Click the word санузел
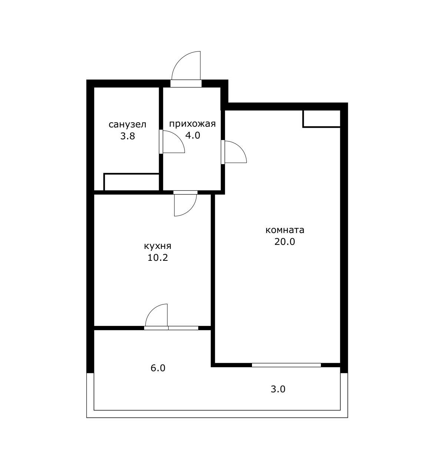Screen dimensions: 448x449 tap(127, 124)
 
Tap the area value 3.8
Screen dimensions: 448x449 tap(127, 136)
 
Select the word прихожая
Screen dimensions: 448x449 tap(192, 124)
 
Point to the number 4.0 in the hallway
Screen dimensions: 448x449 tap(193, 135)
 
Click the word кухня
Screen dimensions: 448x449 tap(157, 246)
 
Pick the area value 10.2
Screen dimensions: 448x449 tap(157, 258)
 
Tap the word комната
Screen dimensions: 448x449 tap(285, 230)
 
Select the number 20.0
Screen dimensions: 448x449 tap(285, 242)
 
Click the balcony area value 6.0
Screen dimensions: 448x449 tap(158, 368)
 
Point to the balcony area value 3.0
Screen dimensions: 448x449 tap(278, 389)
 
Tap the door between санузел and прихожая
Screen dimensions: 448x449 tap(172, 142)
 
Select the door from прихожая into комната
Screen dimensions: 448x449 tap(234, 152)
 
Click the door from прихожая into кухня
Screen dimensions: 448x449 tap(186, 204)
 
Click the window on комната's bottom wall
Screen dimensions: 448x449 tap(286, 365)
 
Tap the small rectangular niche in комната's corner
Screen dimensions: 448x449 tap(322, 119)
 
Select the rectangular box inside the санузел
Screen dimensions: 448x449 tap(132, 182)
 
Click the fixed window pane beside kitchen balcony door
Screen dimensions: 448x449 tap(183, 328)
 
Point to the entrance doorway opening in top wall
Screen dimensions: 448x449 tap(186, 83)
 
